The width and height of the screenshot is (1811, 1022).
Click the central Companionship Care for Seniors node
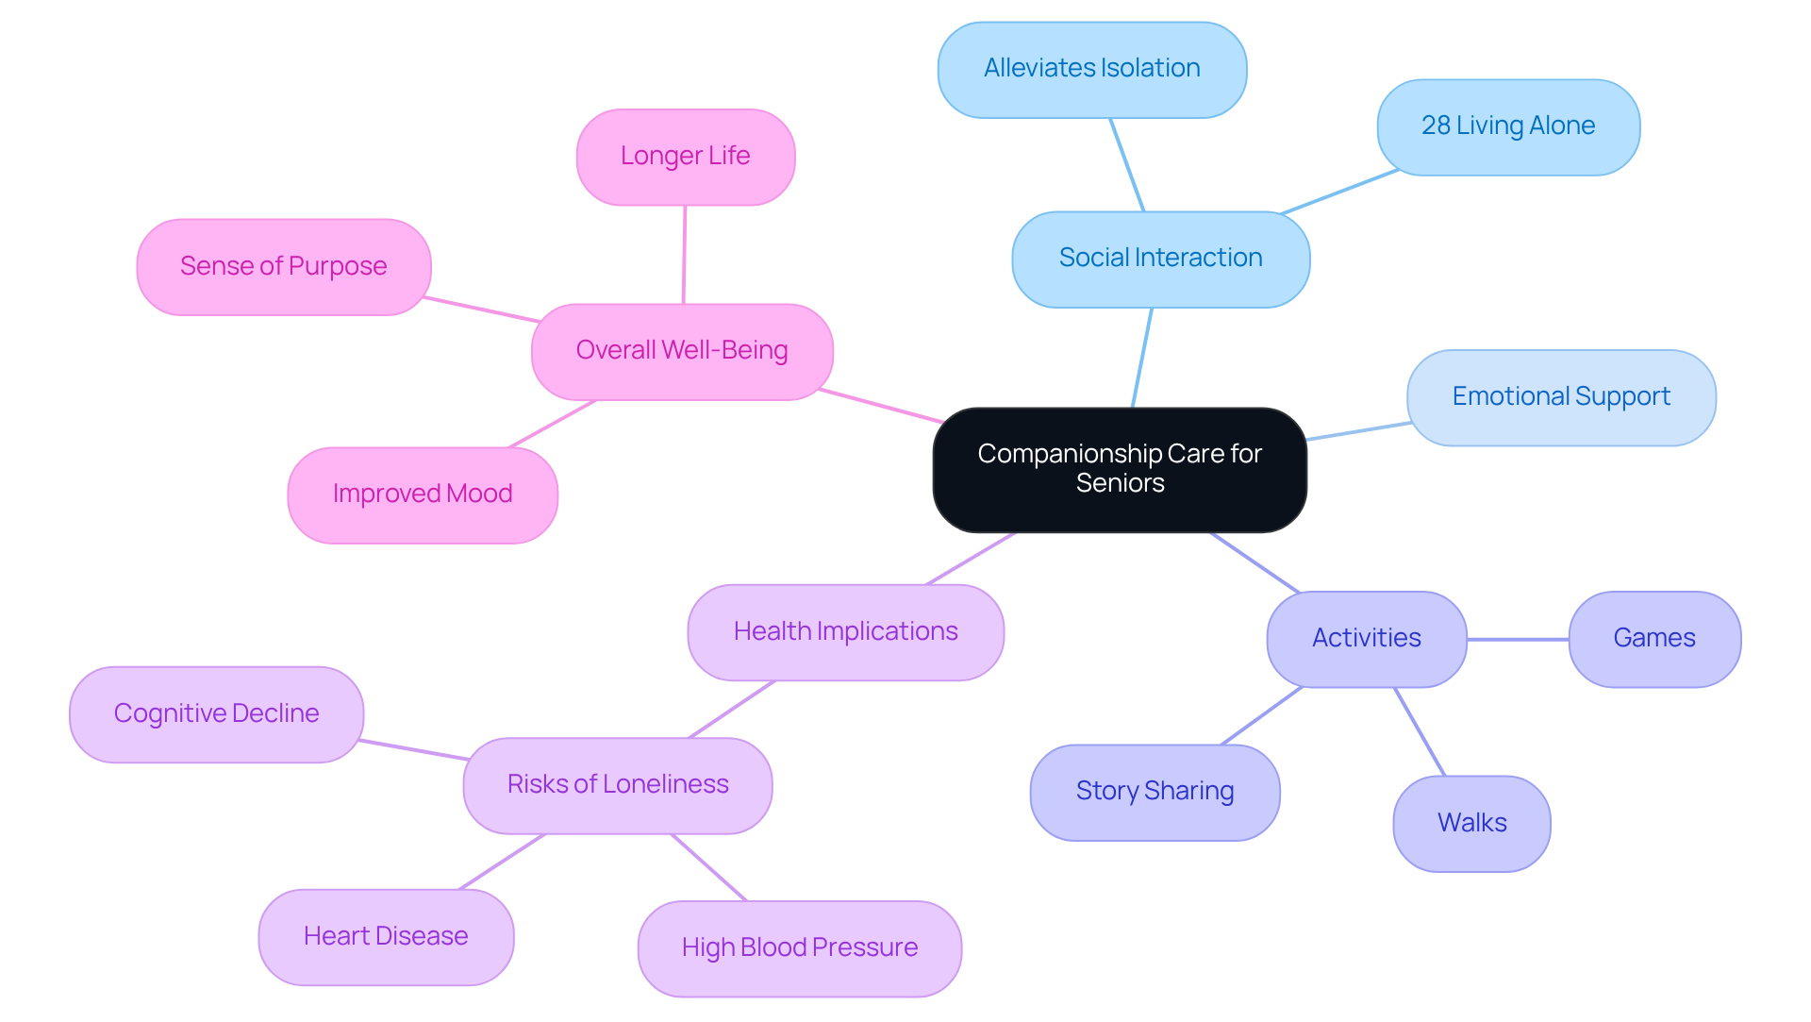point(1120,469)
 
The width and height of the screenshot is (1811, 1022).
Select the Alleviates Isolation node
point(1092,69)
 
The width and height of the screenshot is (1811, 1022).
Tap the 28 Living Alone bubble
point(1508,126)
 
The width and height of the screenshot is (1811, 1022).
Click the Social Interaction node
point(1160,259)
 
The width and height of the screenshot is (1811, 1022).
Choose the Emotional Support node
point(1561,397)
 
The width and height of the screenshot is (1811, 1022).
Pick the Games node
point(1654,639)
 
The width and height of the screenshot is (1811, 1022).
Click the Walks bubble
point(1471,824)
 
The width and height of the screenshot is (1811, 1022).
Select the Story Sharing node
point(1155,792)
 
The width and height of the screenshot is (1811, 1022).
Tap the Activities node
point(1366,639)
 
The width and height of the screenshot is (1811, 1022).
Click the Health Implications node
point(845,632)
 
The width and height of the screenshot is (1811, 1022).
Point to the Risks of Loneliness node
point(618,785)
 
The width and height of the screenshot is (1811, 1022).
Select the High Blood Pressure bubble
point(799,948)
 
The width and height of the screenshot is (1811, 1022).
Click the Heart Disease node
point(386,937)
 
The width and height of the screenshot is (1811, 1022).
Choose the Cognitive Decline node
point(216,714)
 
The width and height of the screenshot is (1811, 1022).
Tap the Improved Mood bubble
point(423,494)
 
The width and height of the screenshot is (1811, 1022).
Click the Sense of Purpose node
point(284,267)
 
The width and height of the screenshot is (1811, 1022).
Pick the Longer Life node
point(686,157)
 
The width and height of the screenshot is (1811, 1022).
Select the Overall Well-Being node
point(682,351)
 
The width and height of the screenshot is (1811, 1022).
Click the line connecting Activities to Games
point(1518,639)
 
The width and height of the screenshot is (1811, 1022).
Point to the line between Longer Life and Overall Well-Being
point(684,255)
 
